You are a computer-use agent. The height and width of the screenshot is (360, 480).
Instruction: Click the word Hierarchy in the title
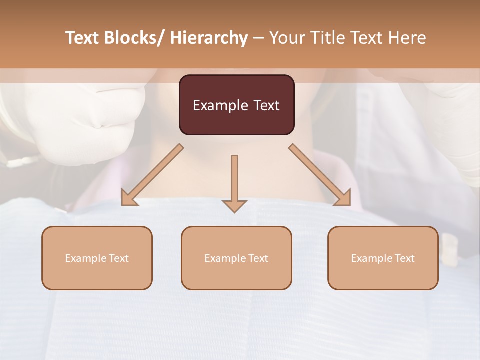coord(209,38)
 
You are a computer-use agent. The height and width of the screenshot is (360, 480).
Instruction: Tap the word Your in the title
coord(287,38)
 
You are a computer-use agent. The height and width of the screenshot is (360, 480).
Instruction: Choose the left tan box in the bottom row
coord(97,258)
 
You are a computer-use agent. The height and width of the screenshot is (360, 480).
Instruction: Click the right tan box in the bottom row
coord(383,258)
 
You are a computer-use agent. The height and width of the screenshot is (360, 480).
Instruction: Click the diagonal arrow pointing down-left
coord(152,175)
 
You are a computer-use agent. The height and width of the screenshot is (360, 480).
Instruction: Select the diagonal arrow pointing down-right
coord(320,175)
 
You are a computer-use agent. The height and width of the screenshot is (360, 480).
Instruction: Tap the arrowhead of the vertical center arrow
coord(234,206)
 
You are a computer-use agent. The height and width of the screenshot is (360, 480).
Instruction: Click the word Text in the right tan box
coord(404,258)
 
